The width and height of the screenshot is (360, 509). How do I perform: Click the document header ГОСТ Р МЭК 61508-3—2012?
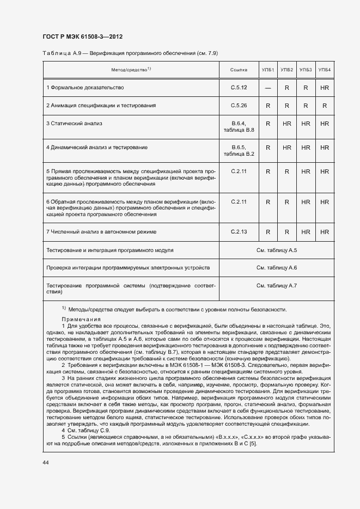click(x=82, y=36)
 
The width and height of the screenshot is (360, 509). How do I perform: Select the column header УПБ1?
click(x=268, y=70)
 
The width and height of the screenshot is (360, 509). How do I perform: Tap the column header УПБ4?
click(x=325, y=70)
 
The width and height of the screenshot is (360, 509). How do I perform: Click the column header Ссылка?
click(x=239, y=70)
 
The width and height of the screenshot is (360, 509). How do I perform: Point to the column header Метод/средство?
click(x=131, y=70)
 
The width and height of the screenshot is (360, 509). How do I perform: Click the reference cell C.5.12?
click(x=239, y=87)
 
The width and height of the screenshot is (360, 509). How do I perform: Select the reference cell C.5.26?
click(x=239, y=105)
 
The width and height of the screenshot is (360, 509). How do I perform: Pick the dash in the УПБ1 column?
click(x=268, y=88)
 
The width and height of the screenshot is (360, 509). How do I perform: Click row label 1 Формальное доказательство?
click(x=85, y=87)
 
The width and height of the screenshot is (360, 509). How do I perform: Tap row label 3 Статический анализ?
click(x=74, y=124)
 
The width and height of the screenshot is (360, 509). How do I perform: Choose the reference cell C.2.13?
click(x=239, y=232)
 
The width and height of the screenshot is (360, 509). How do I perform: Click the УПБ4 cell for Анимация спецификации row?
click(x=325, y=106)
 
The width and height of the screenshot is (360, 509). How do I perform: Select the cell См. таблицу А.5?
click(x=276, y=250)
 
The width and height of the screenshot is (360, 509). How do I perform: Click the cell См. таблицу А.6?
click(x=276, y=268)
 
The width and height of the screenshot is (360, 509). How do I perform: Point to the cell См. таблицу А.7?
click(x=276, y=286)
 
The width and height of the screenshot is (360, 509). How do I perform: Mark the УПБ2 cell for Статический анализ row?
click(x=287, y=124)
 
